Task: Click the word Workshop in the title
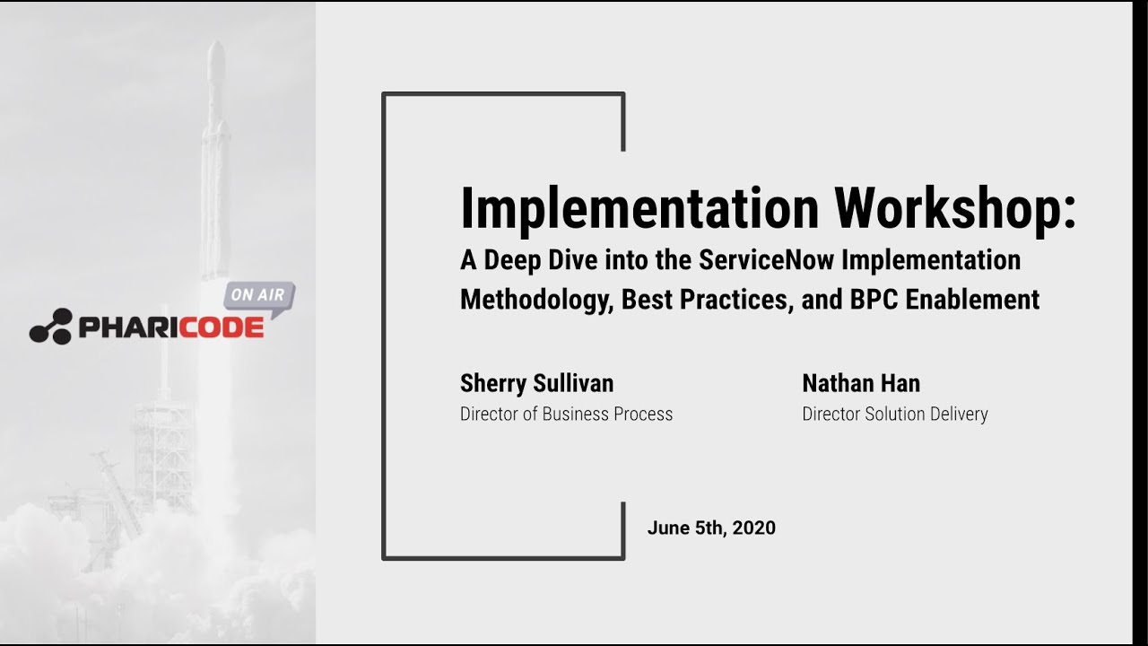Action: [955, 208]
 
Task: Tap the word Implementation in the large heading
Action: [639, 208]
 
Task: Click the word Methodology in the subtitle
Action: [535, 299]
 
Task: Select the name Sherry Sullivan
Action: [536, 383]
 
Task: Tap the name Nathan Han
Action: [860, 383]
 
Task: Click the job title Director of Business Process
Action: [566, 414]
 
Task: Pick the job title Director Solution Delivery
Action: [894, 414]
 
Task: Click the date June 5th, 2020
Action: [711, 528]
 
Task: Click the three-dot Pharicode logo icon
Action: [50, 327]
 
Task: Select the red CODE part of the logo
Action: [222, 327]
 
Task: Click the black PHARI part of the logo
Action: [128, 327]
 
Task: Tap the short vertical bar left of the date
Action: [622, 529]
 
